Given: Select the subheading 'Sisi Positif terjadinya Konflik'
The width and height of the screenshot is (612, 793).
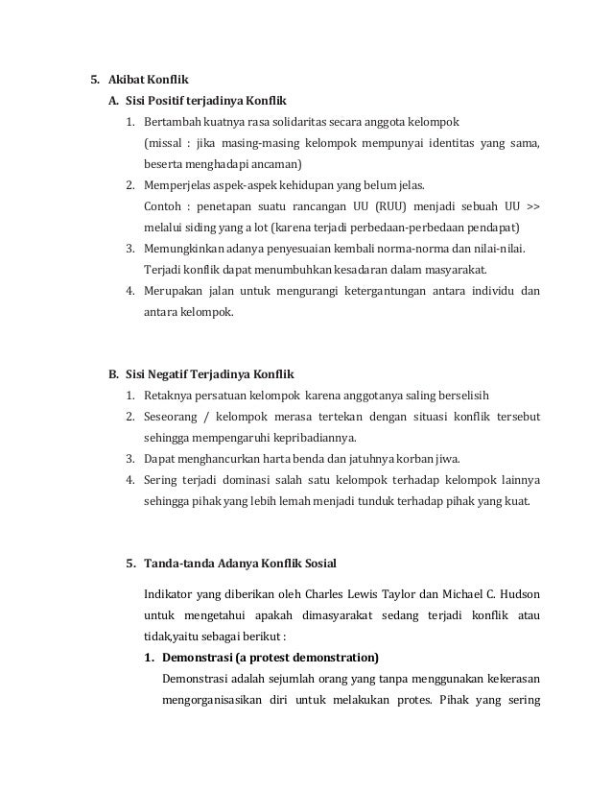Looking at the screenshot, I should (x=206, y=101).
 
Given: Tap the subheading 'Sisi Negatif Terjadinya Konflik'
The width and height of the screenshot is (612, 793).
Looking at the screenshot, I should (x=210, y=372).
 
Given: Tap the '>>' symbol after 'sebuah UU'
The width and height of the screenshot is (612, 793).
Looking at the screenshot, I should (x=534, y=206).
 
